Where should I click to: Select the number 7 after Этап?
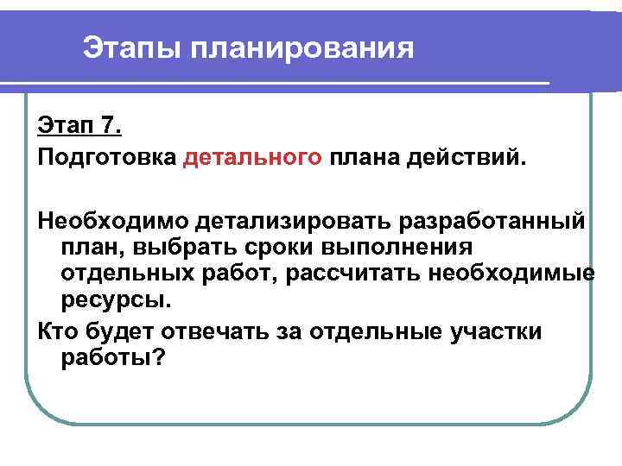click(x=109, y=127)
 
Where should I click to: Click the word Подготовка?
click(x=106, y=157)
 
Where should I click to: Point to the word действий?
click(x=467, y=157)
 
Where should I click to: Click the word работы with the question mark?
click(x=112, y=357)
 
